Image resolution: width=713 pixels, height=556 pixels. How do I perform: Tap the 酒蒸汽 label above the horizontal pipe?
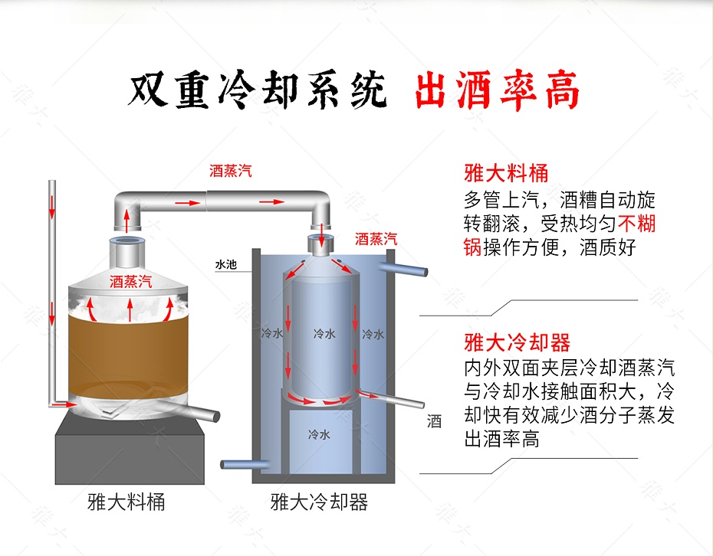pyautogui.click(x=231, y=171)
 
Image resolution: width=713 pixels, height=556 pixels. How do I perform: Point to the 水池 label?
pyautogui.click(x=225, y=265)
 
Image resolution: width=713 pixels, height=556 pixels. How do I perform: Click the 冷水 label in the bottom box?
pyautogui.click(x=319, y=434)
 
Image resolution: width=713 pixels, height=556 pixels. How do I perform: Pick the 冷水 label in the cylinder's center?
pyautogui.click(x=324, y=334)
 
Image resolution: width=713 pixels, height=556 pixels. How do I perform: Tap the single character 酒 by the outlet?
pyautogui.click(x=434, y=421)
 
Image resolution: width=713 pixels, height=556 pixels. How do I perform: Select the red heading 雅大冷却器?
pyautogui.click(x=517, y=342)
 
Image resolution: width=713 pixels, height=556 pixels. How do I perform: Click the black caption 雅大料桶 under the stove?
pyautogui.click(x=127, y=502)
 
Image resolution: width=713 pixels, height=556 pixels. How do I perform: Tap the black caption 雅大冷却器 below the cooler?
pyautogui.click(x=319, y=502)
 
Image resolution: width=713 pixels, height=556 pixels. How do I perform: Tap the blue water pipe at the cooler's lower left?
pyautogui.click(x=242, y=463)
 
